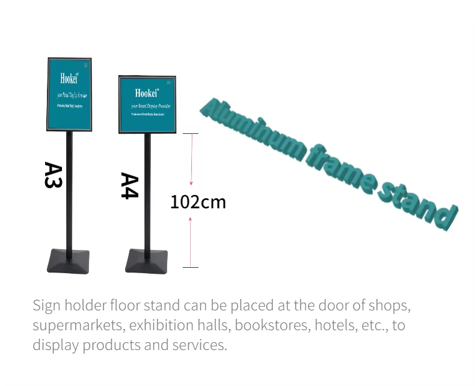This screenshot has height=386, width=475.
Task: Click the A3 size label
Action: coord(54,175)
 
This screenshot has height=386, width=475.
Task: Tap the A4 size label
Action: coord(129,185)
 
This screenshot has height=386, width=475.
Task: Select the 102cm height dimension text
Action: coord(198,202)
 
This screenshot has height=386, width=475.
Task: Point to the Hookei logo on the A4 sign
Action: coord(147,93)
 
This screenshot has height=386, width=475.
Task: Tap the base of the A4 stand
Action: coord(147,261)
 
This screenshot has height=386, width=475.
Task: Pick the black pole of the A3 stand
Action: coord(69,192)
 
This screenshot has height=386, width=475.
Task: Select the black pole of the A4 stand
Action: coord(147,192)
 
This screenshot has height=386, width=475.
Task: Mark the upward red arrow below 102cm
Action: coord(191,240)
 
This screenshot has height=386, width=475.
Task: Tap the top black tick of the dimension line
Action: coord(191,133)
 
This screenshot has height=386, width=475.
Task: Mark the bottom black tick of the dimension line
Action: coord(191,267)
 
